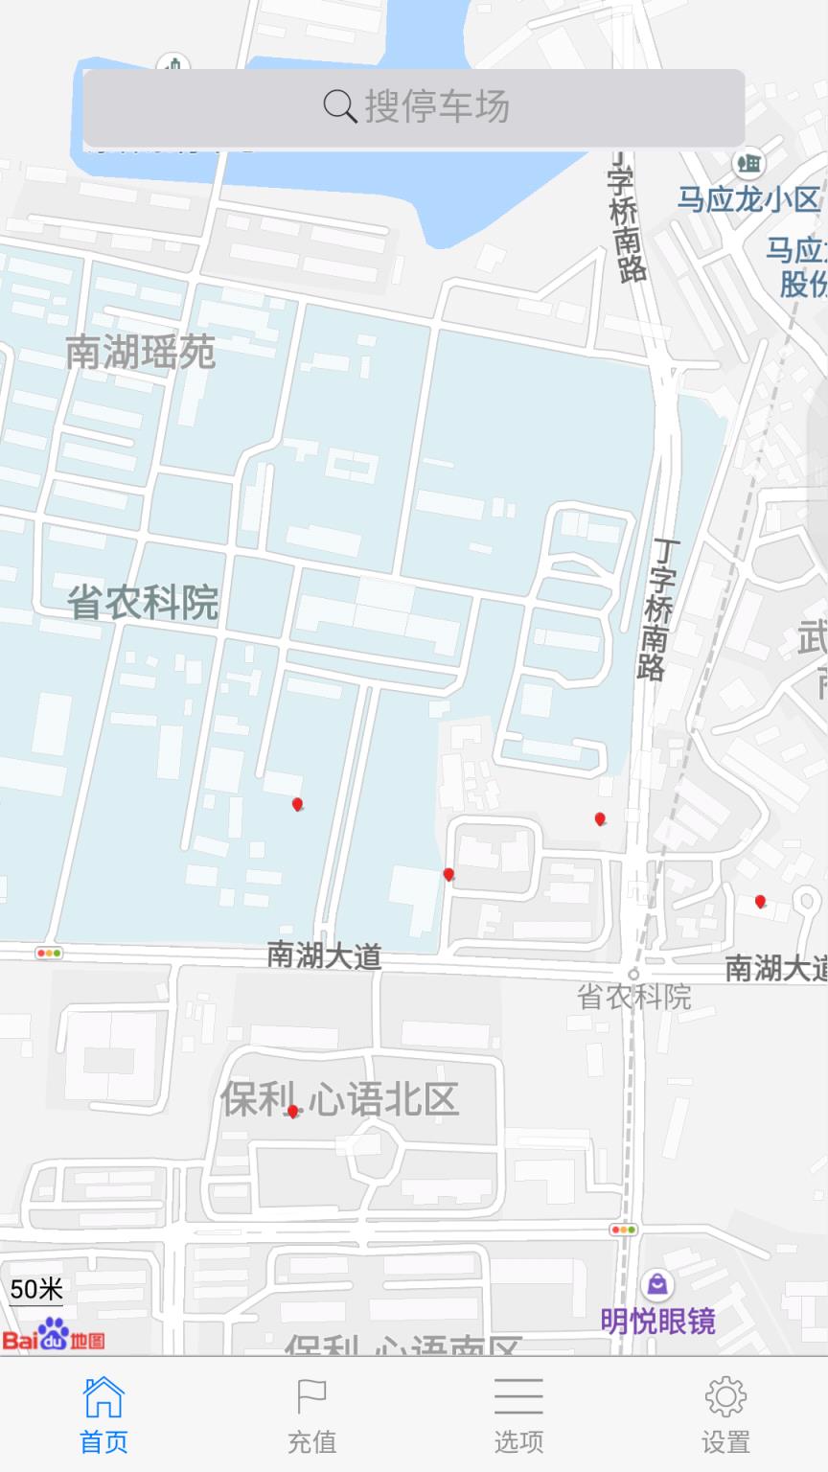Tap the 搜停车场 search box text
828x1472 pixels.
pyautogui.click(x=437, y=106)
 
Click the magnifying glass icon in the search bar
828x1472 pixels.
pyautogui.click(x=339, y=105)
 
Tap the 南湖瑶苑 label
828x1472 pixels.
pyautogui.click(x=140, y=353)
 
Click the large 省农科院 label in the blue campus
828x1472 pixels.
pyautogui.click(x=143, y=603)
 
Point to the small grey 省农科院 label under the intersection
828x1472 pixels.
pyautogui.click(x=633, y=997)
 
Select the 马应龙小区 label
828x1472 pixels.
pyautogui.click(x=748, y=199)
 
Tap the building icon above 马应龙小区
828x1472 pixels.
pyautogui.click(x=748, y=162)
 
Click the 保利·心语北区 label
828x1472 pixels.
pyautogui.click(x=340, y=1098)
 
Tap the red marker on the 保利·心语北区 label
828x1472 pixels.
pyautogui.click(x=292, y=1111)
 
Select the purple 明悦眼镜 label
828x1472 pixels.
pyautogui.click(x=657, y=1322)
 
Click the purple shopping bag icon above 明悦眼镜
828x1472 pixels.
pyautogui.click(x=657, y=1284)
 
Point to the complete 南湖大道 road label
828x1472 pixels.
pyautogui.click(x=324, y=955)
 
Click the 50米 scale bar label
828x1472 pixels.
pyautogui.click(x=36, y=1289)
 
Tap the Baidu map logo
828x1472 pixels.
pyautogui.click(x=53, y=1336)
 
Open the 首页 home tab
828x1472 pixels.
pyautogui.click(x=103, y=1414)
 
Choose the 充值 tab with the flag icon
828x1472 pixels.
pyautogui.click(x=311, y=1414)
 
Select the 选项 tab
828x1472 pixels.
pyautogui.click(x=518, y=1414)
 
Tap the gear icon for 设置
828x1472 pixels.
pyautogui.click(x=725, y=1398)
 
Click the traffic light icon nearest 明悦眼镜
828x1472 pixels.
pyautogui.click(x=623, y=1230)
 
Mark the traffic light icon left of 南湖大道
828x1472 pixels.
pyautogui.click(x=49, y=953)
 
